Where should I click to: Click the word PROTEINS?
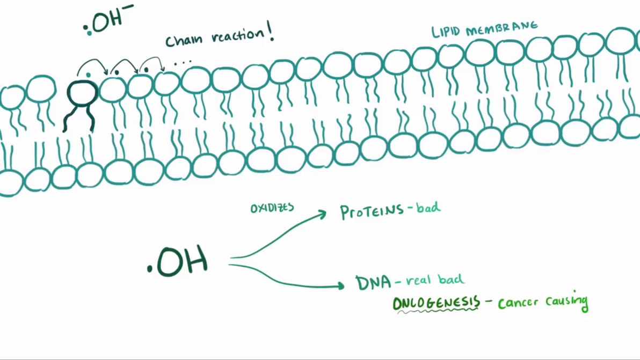point(372,211)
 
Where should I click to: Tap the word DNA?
point(373,283)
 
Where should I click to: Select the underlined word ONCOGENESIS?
point(437,303)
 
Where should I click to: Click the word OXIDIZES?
point(272,208)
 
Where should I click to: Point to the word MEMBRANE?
point(501,29)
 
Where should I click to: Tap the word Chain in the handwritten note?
point(184,40)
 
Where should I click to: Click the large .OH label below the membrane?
point(178,261)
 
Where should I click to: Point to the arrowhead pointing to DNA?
point(339,286)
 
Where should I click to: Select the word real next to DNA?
point(419,281)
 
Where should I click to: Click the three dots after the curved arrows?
point(183,63)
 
